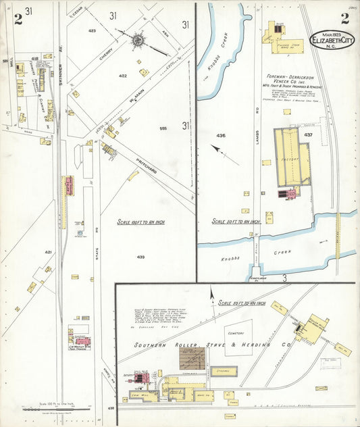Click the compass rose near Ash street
138,40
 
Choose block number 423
92,31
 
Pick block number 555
163,128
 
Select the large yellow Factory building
291,157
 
